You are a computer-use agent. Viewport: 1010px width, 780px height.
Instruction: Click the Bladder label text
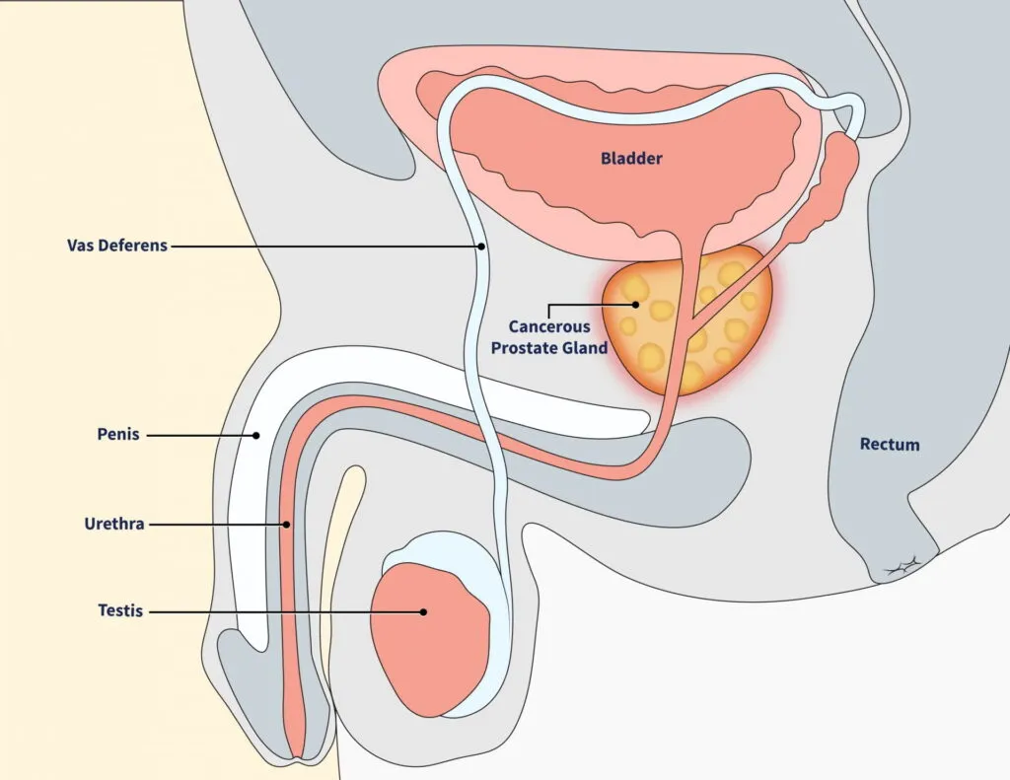click(631, 158)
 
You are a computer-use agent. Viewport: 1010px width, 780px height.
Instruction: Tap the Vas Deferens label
click(117, 246)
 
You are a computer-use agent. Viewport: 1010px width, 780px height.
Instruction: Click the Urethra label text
click(114, 524)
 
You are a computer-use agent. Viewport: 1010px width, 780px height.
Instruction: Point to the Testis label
click(119, 611)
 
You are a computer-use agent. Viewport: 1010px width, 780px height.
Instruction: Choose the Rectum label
click(890, 445)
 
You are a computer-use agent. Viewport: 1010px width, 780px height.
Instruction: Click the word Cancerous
click(549, 326)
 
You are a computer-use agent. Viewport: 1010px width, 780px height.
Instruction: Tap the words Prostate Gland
click(558, 347)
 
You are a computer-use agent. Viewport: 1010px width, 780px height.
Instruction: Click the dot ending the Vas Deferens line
click(481, 246)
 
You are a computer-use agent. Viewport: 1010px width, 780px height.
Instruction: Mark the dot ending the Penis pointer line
click(255, 434)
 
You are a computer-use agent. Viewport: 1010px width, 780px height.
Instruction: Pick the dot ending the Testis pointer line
click(423, 611)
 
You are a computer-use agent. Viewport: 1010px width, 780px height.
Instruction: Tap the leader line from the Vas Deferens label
click(325, 246)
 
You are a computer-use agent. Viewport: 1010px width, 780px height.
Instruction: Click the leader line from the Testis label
click(286, 611)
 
